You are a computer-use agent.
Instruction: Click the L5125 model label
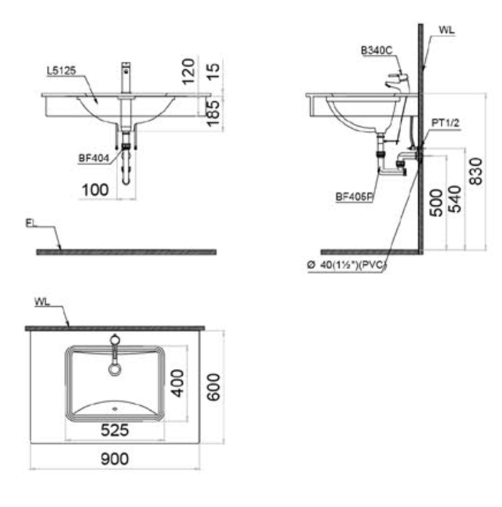pos(61,70)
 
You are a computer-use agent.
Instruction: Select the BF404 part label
pos(94,158)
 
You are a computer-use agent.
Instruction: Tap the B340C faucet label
pos(376,50)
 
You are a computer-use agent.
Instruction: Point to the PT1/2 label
pos(446,123)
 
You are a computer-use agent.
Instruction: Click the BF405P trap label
pos(354,197)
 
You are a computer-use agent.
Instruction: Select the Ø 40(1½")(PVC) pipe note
pos(347,265)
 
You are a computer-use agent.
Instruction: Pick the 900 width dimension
pos(114,459)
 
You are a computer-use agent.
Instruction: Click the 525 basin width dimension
pos(114,430)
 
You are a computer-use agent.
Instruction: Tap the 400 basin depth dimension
pos(178,383)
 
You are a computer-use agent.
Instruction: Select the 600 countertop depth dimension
pos(213,387)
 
